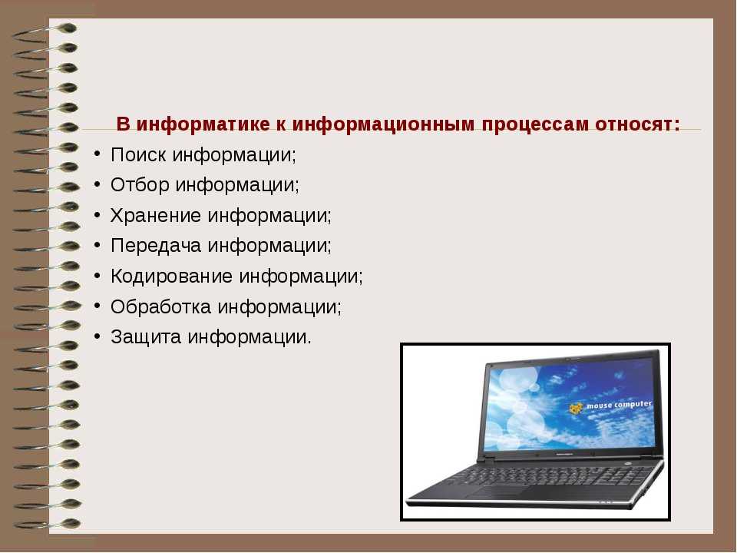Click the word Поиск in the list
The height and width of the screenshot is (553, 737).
pyautogui.click(x=138, y=154)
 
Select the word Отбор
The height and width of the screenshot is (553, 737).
pyautogui.click(x=140, y=185)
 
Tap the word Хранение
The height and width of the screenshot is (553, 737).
pyautogui.click(x=156, y=216)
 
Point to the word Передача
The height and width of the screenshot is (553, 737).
pyautogui.click(x=156, y=246)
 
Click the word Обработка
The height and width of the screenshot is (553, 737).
pyautogui.click(x=160, y=306)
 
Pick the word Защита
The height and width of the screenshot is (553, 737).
pyautogui.click(x=146, y=337)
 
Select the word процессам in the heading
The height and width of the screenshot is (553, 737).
pyautogui.click(x=535, y=125)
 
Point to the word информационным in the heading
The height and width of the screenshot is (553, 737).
pyautogui.click(x=384, y=124)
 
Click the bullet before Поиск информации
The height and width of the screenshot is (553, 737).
pyautogui.click(x=97, y=154)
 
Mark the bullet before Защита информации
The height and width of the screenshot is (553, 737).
pyautogui.click(x=97, y=336)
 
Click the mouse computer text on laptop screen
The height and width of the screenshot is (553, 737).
pyautogui.click(x=619, y=405)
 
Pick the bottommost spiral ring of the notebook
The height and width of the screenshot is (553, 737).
pyautogui.click(x=47, y=524)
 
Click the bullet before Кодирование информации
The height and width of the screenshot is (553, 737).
pyautogui.click(x=97, y=275)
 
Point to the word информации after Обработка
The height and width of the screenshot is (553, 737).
pyautogui.click(x=279, y=307)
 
